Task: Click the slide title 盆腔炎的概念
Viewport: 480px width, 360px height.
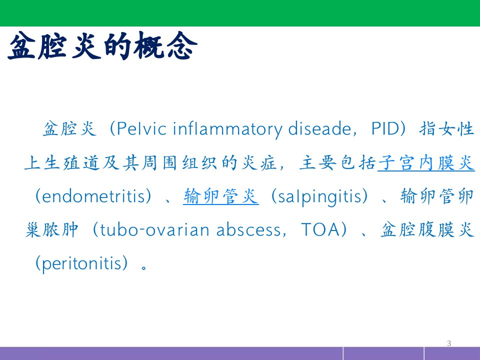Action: [102, 46]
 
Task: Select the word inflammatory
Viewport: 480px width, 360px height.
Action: [228, 129]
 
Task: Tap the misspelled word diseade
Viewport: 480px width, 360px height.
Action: [319, 128]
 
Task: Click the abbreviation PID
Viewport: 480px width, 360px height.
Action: [385, 128]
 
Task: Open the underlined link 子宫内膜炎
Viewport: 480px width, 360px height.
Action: [426, 162]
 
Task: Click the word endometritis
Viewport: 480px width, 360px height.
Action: [93, 196]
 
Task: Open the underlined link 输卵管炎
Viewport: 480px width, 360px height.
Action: [220, 196]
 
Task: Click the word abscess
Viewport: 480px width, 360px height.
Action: [248, 230]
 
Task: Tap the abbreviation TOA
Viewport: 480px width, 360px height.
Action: [320, 229]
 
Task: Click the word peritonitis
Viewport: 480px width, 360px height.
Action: [81, 263]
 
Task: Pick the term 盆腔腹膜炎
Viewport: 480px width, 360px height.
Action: [427, 230]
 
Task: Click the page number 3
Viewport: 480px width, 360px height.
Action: [449, 343]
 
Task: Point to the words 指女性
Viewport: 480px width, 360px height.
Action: [446, 128]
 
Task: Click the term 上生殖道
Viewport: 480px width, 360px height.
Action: [63, 162]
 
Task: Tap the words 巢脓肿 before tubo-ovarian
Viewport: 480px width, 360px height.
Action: [51, 230]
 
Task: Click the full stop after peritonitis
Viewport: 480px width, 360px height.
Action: [144, 267]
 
